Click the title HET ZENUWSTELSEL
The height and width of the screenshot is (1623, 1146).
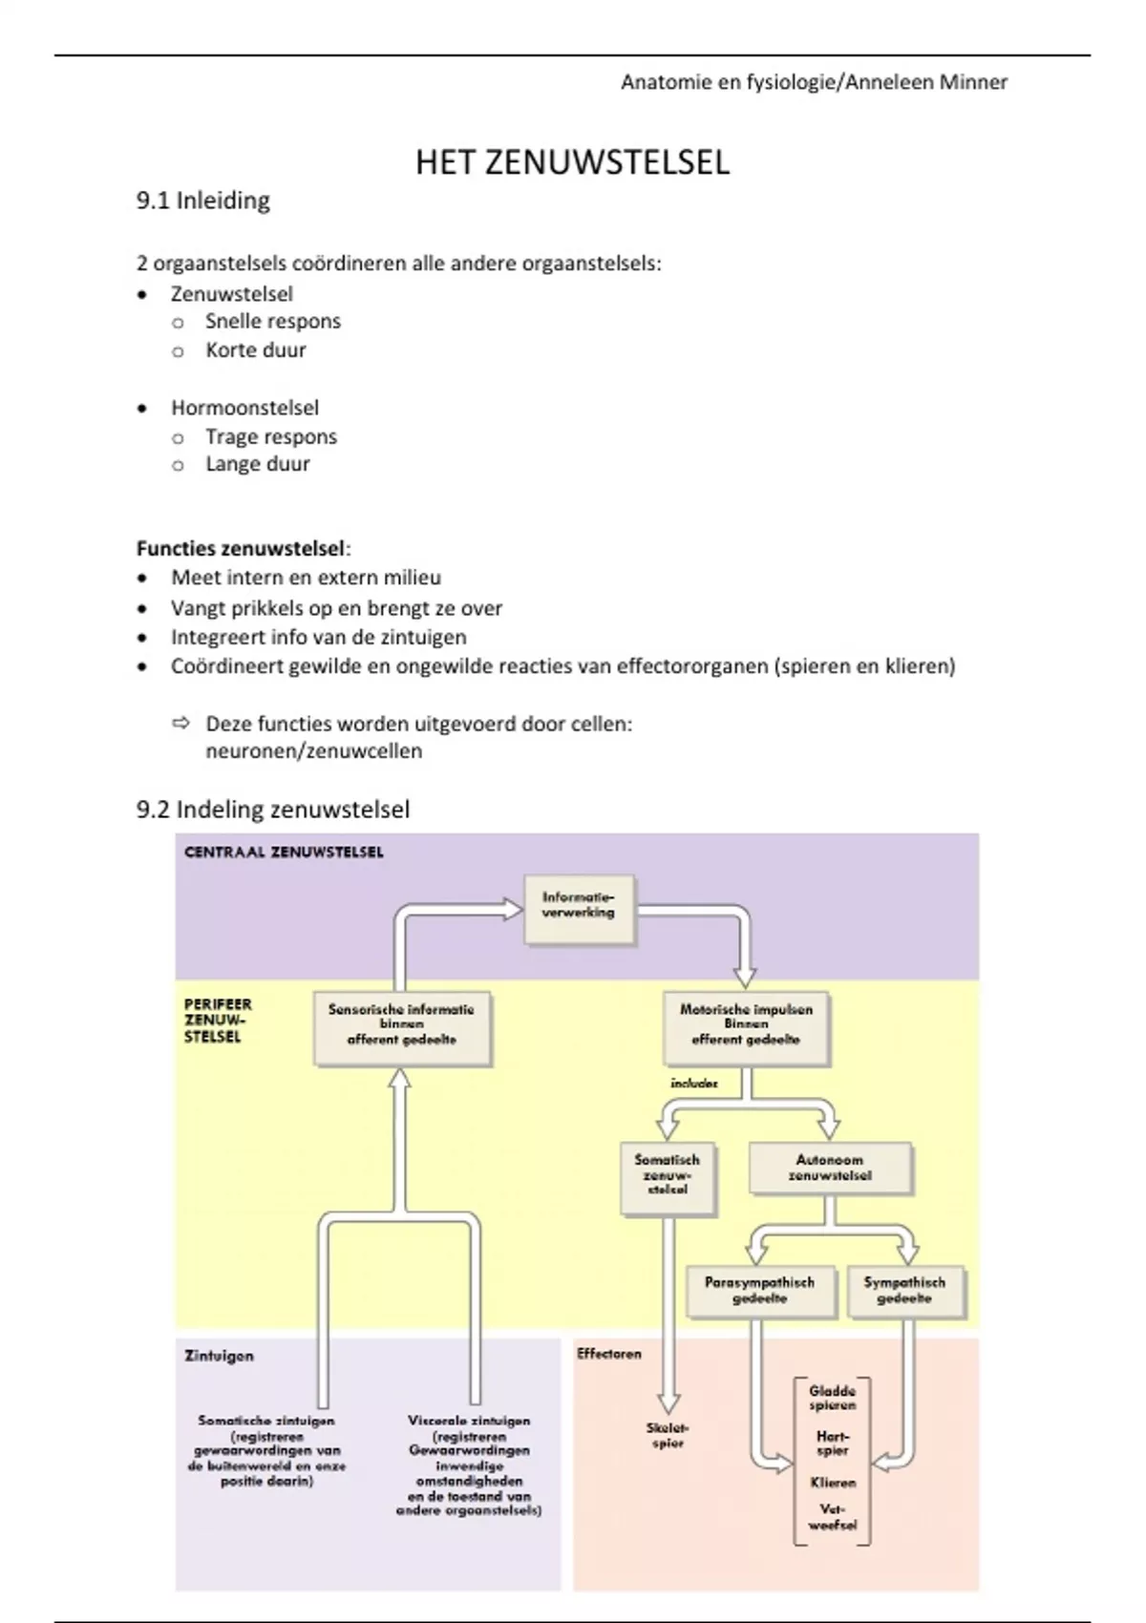point(572,162)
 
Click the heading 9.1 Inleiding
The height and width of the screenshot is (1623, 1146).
point(203,200)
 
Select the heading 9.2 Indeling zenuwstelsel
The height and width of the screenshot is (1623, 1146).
point(273,810)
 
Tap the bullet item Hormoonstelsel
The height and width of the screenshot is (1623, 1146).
point(244,408)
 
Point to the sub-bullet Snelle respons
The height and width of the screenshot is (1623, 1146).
point(272,321)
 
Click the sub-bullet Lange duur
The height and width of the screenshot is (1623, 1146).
point(257,464)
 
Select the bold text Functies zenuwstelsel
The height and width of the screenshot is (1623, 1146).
point(241,549)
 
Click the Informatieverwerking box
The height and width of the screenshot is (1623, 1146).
point(579,907)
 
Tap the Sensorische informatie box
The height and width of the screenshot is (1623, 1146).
point(401,1026)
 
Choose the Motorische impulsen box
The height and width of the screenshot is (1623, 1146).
point(746,1026)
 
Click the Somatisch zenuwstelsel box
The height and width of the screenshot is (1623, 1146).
point(667,1176)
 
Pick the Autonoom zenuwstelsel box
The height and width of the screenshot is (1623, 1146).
point(829,1168)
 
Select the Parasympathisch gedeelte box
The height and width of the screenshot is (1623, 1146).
point(760,1291)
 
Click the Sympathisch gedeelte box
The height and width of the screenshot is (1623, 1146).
point(904,1291)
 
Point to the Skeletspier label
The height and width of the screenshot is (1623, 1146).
point(668,1436)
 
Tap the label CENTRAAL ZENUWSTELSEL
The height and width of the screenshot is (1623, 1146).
point(284,852)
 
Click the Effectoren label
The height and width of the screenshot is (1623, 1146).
point(609,1354)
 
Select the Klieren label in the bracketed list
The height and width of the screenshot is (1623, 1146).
point(833,1483)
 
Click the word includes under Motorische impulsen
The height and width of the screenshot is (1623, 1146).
point(693,1084)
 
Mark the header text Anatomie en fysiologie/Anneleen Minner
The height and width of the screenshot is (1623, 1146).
point(814,82)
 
